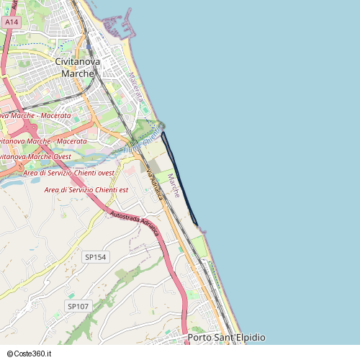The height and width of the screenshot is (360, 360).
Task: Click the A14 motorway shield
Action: click(x=10, y=22)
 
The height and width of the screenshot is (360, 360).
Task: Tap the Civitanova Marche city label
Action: click(x=78, y=68)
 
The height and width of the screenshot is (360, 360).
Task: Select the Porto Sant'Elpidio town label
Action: click(x=226, y=338)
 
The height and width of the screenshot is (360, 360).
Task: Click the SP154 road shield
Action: click(x=95, y=257)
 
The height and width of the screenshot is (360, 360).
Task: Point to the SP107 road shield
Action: click(x=78, y=306)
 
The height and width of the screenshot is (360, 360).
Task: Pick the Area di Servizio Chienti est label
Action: click(x=86, y=189)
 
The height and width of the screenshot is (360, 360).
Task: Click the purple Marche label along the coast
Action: click(x=173, y=185)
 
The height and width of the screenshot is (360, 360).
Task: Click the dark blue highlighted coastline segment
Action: click(x=180, y=180)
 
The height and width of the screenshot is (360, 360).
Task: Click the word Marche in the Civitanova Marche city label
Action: click(x=78, y=73)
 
